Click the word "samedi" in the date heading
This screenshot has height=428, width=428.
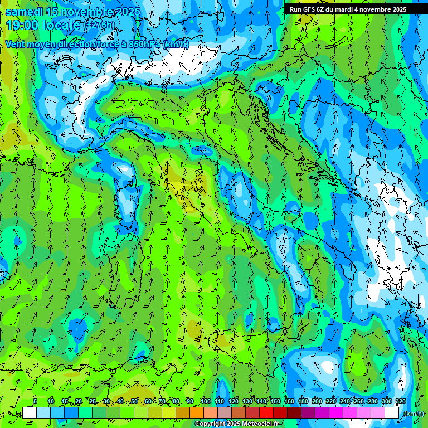pos(23,12)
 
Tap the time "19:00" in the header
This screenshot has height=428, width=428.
pos(23,25)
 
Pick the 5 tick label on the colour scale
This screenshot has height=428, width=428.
pos(35,402)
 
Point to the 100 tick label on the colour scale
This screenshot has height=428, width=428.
pos(205,402)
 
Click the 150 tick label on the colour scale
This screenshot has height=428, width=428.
pos(275,402)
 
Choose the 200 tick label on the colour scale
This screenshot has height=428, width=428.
pos(317,402)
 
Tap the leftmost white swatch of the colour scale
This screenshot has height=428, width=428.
pos(30,413)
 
